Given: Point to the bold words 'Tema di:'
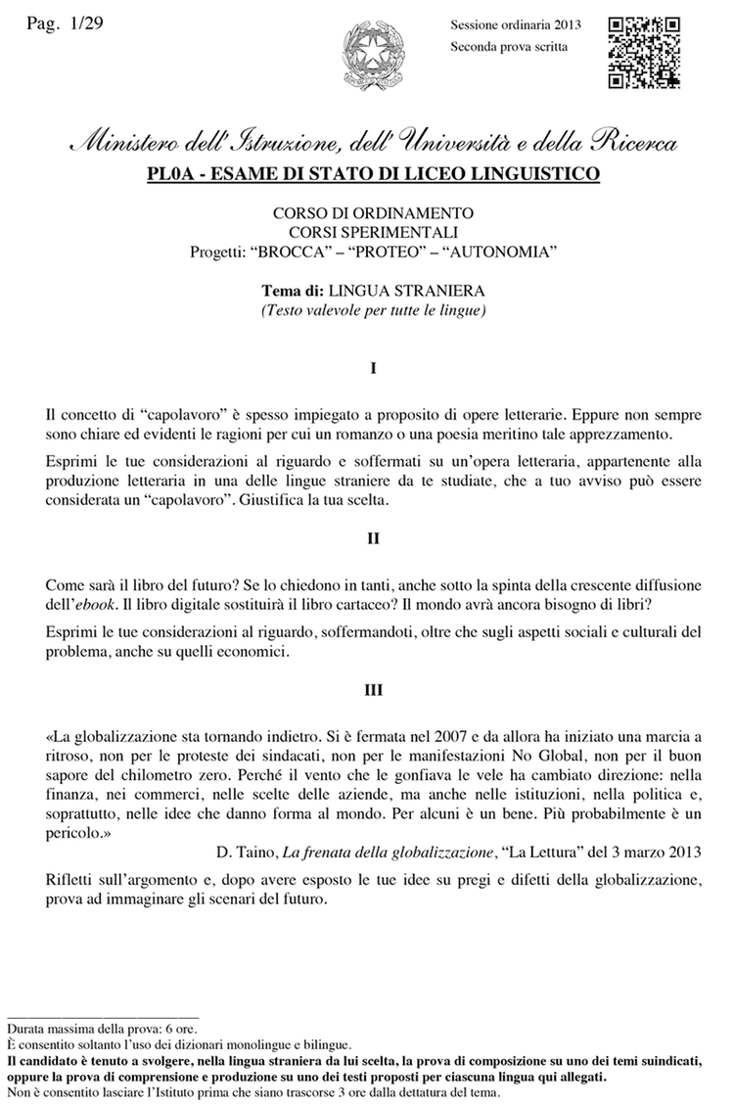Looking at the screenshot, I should click(294, 292).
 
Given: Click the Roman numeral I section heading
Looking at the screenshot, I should click(374, 370).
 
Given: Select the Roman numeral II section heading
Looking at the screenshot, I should click(374, 537).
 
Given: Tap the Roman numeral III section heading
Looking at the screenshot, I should click(374, 690).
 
